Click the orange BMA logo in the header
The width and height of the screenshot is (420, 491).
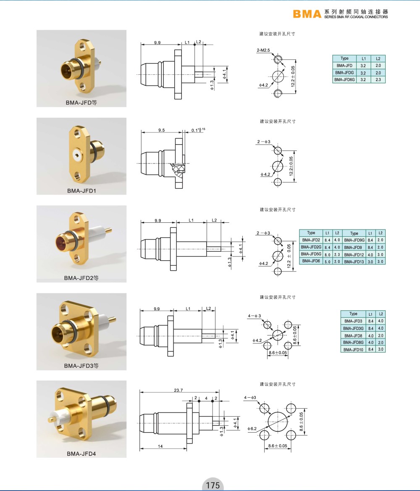tap(307, 14)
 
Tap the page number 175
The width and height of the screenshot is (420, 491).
tap(213, 485)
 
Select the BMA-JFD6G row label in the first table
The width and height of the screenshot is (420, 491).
tap(344, 80)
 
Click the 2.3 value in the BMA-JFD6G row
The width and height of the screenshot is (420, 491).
tap(378, 80)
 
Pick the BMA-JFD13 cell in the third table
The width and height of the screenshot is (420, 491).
tap(354, 261)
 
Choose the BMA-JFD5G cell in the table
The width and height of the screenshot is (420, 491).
tap(311, 254)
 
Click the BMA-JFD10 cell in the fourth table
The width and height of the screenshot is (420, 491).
tap(353, 349)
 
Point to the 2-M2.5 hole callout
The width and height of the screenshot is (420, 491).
tap(263, 50)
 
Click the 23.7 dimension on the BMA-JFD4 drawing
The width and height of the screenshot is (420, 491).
tap(178, 390)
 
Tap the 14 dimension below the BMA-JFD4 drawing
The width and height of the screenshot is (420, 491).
tap(160, 446)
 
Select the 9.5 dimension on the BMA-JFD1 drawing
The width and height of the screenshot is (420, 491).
tap(162, 130)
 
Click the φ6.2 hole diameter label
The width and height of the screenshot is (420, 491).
tap(252, 429)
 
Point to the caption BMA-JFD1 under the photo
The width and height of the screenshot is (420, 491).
tap(81, 191)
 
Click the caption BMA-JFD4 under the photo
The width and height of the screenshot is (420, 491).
tap(81, 454)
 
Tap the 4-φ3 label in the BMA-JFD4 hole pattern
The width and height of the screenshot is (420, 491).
tap(250, 398)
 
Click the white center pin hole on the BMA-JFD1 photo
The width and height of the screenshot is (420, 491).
tap(76, 154)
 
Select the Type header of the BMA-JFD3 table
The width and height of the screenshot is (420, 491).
tap(353, 314)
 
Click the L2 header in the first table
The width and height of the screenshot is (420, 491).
tap(378, 58)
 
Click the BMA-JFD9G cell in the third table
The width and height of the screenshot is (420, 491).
tap(354, 240)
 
